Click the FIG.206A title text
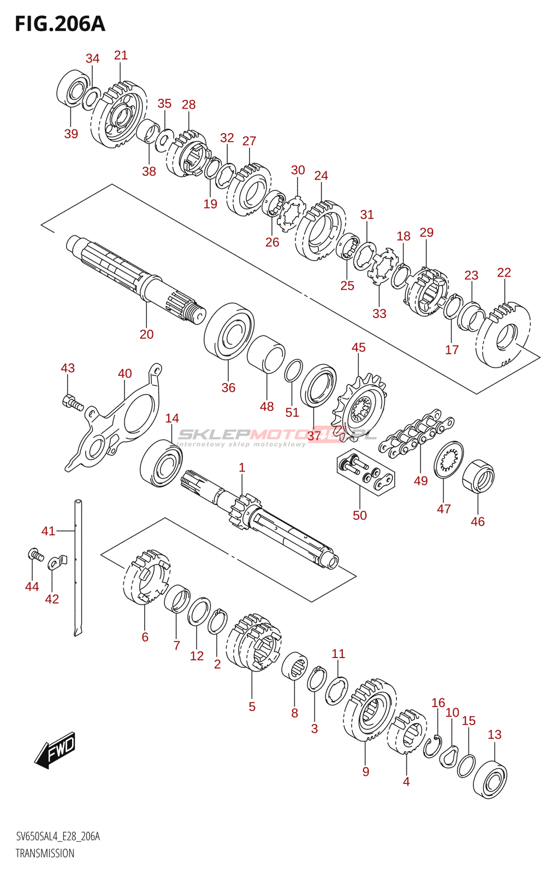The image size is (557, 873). pos(60,24)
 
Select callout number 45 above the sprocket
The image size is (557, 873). pos(358,348)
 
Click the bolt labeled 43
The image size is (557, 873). pos(72,403)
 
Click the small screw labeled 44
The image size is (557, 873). pos(35,555)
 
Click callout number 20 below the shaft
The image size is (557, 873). pos(146,334)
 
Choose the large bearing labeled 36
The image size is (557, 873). pos(229,331)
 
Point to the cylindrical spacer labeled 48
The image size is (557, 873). pos(266,354)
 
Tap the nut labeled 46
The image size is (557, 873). pos(478,476)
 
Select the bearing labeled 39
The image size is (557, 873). pos(73,88)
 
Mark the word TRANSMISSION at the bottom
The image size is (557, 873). pos(45,853)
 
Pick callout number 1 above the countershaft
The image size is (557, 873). pos(242,468)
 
